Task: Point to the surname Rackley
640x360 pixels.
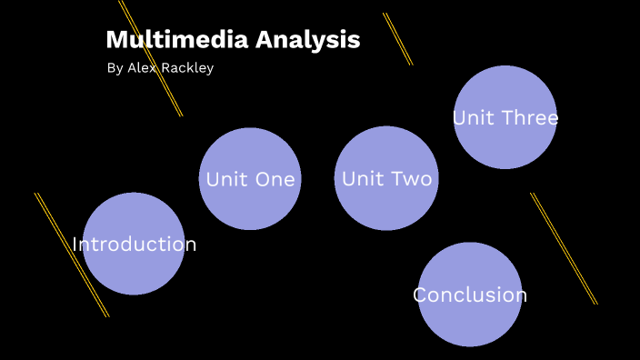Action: [189, 68]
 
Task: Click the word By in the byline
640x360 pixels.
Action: [115, 68]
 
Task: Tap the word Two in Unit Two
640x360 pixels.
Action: [411, 179]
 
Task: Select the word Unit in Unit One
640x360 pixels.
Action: [225, 179]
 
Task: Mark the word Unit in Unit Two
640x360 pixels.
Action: [362, 179]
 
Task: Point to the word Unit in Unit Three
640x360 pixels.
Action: [473, 118]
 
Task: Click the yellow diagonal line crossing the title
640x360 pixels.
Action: [151, 58]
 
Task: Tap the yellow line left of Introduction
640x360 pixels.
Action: [71, 255]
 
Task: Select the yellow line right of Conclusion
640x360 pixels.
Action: [564, 248]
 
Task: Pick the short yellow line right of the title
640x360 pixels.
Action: [397, 38]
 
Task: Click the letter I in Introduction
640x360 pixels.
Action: [75, 245]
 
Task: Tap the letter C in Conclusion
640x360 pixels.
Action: [420, 295]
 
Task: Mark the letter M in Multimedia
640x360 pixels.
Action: [115, 40]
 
